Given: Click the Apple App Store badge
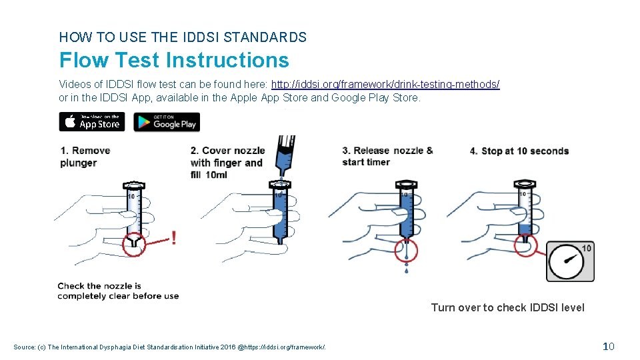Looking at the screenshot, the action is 92,122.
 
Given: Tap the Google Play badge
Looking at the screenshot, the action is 167,122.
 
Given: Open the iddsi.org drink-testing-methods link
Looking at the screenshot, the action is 385,84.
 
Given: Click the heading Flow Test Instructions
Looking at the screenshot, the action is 174,60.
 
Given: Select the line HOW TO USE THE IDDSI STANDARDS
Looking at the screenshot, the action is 183,37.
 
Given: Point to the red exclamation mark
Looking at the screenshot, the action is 174,238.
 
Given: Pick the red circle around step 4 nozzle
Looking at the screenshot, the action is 525,245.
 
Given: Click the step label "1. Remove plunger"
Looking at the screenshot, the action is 85,157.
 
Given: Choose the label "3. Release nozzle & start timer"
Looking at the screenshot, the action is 387,156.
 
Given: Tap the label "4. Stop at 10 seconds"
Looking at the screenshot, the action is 519,151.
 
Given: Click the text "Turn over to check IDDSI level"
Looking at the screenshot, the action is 507,307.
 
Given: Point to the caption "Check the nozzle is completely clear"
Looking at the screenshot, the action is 118,291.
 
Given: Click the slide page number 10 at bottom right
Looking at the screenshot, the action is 607,346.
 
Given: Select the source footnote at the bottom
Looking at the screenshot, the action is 170,346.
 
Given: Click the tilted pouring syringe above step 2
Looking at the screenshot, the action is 285,155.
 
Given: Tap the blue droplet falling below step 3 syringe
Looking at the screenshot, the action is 406,271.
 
